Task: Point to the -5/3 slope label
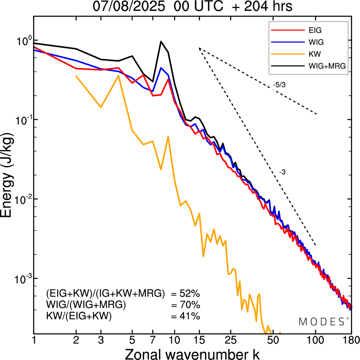click(x=279, y=85)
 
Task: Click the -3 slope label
click(x=282, y=172)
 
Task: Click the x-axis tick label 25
click(x=231, y=340)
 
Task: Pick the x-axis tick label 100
click(x=316, y=340)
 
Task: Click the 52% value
click(x=190, y=294)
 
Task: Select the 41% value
click(x=190, y=316)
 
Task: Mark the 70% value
click(x=190, y=305)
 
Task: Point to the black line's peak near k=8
click(x=161, y=42)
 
